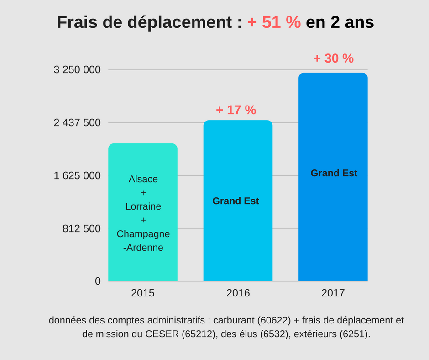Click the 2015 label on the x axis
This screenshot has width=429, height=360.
[143, 293]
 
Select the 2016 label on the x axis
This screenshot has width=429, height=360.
[238, 293]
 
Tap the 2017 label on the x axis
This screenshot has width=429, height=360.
[333, 293]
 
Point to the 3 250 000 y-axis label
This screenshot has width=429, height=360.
[77, 70]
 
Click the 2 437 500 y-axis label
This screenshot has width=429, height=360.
[77, 123]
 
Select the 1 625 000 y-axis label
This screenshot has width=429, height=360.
[77, 176]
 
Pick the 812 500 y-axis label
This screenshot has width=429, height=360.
[82, 228]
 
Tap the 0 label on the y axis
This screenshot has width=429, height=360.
[98, 281]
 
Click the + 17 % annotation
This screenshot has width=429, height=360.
[236, 110]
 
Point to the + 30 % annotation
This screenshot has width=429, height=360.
[334, 58]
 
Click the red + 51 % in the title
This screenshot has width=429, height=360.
[274, 22]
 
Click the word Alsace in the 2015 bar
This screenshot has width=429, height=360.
[143, 179]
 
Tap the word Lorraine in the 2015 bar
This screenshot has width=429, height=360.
[143, 206]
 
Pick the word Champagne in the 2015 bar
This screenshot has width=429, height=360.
[143, 234]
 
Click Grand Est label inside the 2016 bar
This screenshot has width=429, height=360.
[235, 201]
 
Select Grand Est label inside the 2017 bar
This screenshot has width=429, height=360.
[334, 173]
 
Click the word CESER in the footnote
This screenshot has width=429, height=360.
[162, 334]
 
